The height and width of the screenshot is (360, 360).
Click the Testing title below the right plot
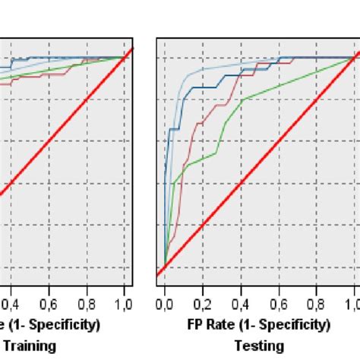260,346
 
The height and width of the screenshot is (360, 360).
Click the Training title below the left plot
29,346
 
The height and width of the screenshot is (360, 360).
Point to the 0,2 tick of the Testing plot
203,305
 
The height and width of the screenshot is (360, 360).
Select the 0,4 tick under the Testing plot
241,305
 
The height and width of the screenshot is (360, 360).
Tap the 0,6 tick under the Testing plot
279,305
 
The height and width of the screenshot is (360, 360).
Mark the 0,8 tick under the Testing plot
317,305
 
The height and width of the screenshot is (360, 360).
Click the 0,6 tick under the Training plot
49,305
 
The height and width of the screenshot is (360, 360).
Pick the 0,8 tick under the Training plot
87,305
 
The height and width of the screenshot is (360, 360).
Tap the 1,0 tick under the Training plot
125,305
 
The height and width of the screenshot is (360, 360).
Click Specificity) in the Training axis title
65,325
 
